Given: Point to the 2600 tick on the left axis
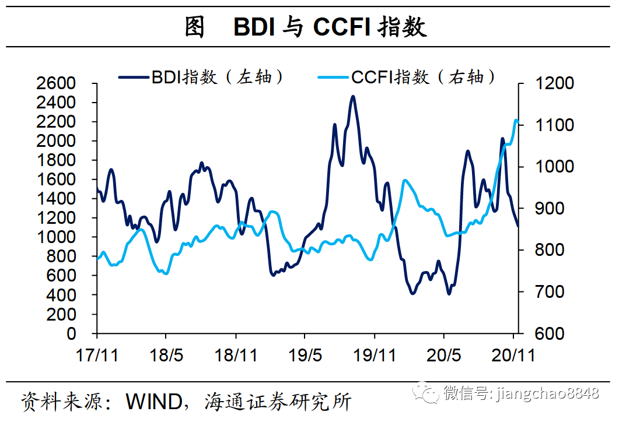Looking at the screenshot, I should point(56,83).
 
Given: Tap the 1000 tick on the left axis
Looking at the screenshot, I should point(56,237).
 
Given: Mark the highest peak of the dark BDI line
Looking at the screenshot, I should point(353,97).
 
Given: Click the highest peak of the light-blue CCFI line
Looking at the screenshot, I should point(516,120).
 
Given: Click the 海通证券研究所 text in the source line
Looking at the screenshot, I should point(279,402).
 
